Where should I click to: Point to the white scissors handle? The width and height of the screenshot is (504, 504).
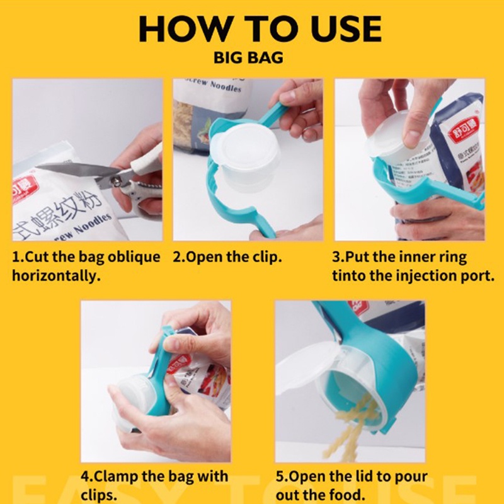[x=146, y=165]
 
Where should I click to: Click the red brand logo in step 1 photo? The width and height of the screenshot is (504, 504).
[x=21, y=190]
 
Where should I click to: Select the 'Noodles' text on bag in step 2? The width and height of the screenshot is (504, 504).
[x=225, y=86]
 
